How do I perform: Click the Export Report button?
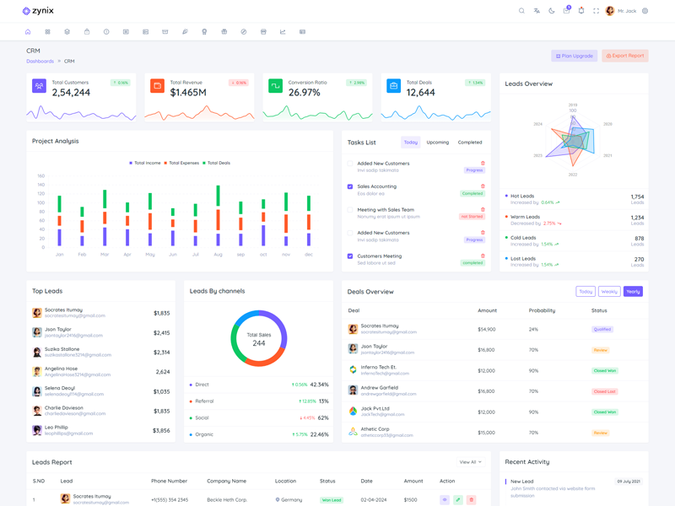click(624, 56)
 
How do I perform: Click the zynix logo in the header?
click(38, 11)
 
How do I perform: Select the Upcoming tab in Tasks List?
click(437, 143)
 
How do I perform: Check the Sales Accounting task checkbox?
click(350, 186)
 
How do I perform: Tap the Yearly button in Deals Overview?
click(633, 292)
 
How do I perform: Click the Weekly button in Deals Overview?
click(609, 292)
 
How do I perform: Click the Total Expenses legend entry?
click(183, 163)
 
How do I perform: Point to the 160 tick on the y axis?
click(40, 176)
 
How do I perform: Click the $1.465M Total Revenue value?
click(188, 92)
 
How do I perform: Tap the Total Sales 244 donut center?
click(259, 339)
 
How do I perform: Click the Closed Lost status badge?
click(604, 391)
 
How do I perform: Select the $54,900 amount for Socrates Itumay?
click(487, 330)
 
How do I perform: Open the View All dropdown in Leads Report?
click(470, 462)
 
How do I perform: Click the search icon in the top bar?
click(521, 11)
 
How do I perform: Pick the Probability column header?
click(542, 310)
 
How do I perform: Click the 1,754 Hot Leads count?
click(637, 196)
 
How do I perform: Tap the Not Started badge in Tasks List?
click(472, 217)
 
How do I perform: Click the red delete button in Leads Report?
click(471, 500)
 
